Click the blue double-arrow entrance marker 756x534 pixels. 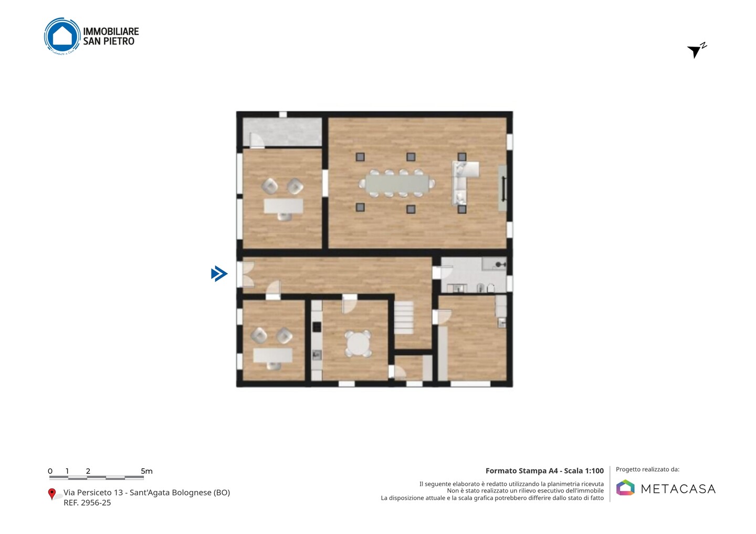tap(219, 274)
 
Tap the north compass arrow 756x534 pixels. tap(695, 51)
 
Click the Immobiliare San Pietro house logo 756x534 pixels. tap(62, 36)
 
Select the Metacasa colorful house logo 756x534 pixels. tap(625, 488)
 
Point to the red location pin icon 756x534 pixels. tap(51, 494)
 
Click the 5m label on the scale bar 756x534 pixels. tap(146, 471)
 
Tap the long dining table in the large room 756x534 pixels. tap(397, 184)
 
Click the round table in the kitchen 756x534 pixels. tap(358, 344)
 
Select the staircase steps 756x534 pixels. tap(404, 317)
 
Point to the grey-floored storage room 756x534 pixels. tap(282, 132)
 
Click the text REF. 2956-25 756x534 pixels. tap(87, 503)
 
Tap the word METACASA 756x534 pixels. tap(678, 489)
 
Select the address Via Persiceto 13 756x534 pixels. tap(93, 493)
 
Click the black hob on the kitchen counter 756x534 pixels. tap(317, 327)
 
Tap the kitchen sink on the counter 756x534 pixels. tap(317, 355)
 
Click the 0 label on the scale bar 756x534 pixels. tap(50, 471)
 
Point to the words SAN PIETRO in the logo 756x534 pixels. tap(109, 41)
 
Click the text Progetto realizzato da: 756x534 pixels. tap(647, 469)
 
